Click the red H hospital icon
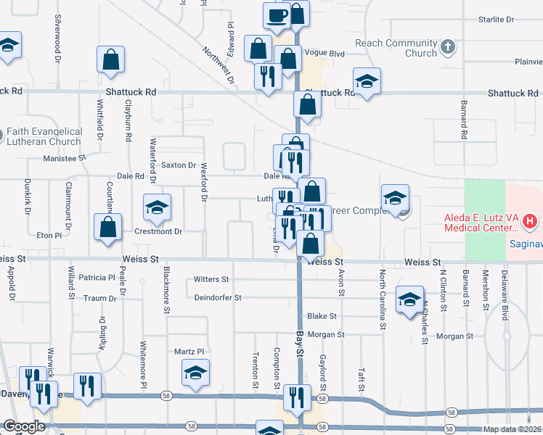(531, 220)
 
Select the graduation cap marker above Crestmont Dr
(157, 208)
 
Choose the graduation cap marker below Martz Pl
(195, 373)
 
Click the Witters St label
(211, 279)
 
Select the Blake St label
(322, 316)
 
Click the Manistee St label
(65, 157)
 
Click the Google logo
(24, 427)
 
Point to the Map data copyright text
(512, 429)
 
